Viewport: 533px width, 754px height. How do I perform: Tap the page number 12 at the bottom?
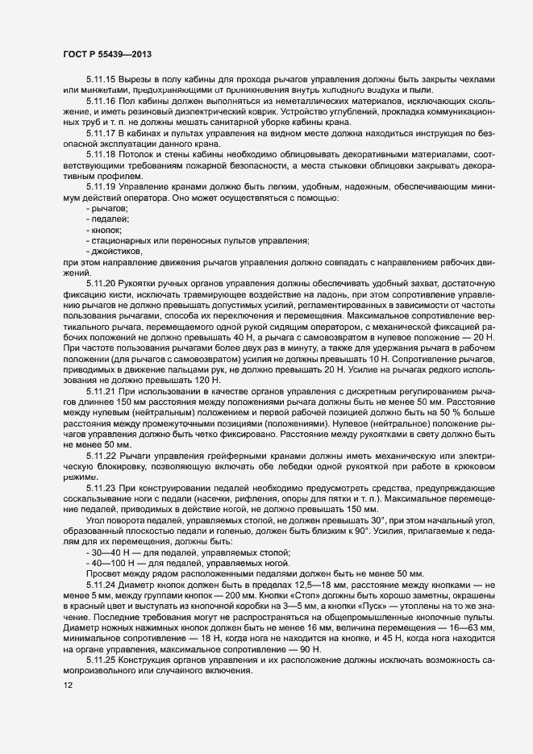68,685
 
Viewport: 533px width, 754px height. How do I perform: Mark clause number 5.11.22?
101,456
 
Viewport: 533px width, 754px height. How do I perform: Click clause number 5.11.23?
101,488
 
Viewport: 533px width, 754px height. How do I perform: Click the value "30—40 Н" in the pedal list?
108,552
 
